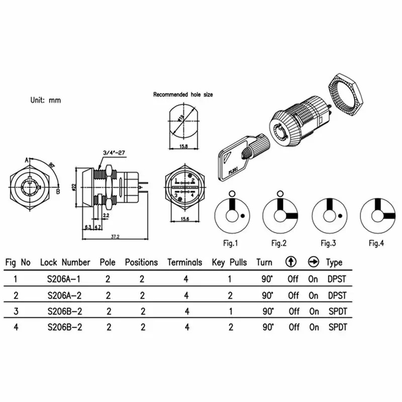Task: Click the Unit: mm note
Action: (x=45, y=100)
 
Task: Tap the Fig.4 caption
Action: (x=376, y=243)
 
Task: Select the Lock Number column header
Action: (x=65, y=262)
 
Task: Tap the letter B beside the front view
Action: (x=58, y=190)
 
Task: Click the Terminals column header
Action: (x=184, y=262)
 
